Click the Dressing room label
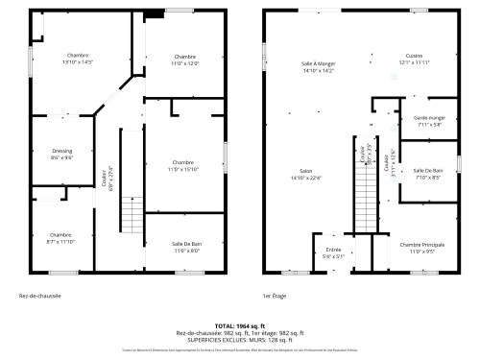point(61,154)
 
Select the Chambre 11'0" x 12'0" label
point(185,60)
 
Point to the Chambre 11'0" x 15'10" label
point(184,165)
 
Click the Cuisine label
point(414,59)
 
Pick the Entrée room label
point(333,252)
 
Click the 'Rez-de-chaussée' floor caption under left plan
point(40,296)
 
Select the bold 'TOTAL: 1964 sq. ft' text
point(240,326)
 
